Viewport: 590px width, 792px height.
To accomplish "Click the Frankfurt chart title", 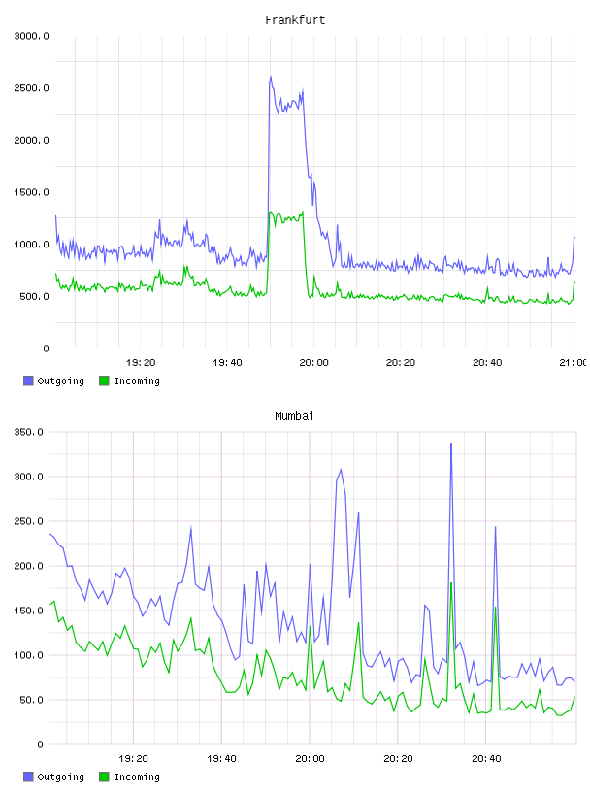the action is [x=295, y=20].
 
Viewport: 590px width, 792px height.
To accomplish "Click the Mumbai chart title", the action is [x=294, y=416].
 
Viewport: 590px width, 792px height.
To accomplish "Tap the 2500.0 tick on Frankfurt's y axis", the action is [x=31, y=88].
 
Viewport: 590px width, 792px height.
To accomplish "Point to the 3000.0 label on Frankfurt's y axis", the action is [x=31, y=36].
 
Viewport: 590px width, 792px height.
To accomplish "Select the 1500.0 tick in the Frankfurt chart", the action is [x=31, y=192].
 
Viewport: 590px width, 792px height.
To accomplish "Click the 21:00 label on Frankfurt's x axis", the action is [x=573, y=363].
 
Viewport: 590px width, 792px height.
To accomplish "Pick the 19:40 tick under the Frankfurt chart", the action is [x=227, y=363].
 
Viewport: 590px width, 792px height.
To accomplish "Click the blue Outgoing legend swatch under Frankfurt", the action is [x=28, y=380].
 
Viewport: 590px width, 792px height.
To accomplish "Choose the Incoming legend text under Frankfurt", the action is [x=137, y=381].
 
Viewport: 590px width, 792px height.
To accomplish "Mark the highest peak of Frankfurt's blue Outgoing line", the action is [x=271, y=77].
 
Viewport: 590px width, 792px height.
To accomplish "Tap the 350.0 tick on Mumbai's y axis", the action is [x=29, y=432].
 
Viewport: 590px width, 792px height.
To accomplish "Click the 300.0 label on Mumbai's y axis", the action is [x=29, y=477].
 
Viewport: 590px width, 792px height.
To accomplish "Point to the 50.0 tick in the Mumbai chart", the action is [x=32, y=700].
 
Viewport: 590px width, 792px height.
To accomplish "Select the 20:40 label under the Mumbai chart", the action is [x=486, y=759].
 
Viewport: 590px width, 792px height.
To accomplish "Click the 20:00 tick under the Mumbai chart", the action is [x=311, y=759].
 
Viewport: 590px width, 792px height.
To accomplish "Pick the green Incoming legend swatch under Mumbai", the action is [x=104, y=776].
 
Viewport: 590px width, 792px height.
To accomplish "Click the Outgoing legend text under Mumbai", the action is [x=60, y=777].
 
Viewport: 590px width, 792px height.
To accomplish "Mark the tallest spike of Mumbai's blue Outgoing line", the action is [x=451, y=444].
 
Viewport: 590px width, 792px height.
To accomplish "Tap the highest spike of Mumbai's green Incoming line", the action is [x=451, y=583].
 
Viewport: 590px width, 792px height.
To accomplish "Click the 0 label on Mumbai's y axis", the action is [x=41, y=744].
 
